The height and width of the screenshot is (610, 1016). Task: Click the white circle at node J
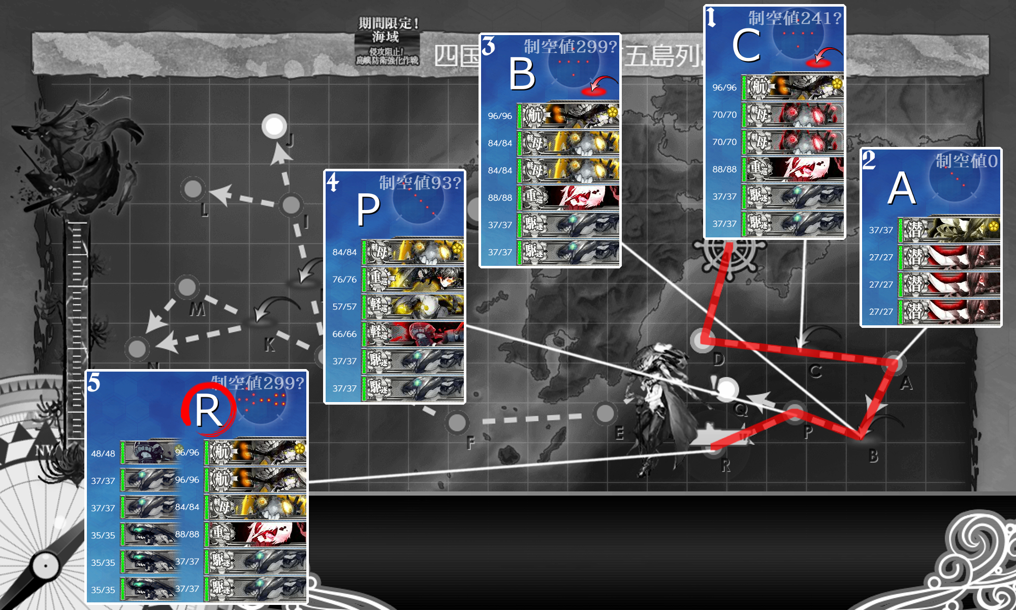(274, 126)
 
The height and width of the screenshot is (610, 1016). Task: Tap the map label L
(204, 209)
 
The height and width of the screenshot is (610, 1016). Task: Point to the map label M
(197, 309)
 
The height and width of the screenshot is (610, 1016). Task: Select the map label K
(270, 345)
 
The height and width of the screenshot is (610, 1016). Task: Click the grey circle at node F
(457, 422)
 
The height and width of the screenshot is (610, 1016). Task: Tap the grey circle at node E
(605, 413)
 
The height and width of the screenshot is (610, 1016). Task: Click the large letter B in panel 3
(522, 74)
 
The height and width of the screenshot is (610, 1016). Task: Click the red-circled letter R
(208, 411)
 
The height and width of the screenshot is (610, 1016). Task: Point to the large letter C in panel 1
(746, 46)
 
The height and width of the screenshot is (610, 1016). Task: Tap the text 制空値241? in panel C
(795, 18)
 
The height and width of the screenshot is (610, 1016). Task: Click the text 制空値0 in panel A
(967, 161)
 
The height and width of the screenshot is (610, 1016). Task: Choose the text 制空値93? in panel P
(420, 182)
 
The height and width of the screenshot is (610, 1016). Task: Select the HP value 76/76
(344, 280)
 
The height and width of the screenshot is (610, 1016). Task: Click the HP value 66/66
(344, 334)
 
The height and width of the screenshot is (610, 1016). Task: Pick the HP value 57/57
(344, 307)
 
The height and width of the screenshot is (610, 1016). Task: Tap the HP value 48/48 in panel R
(103, 453)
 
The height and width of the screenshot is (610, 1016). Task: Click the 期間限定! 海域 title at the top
(388, 30)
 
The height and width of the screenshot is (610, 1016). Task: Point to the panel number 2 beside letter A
(869, 161)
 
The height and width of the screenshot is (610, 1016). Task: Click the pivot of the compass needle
(46, 566)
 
